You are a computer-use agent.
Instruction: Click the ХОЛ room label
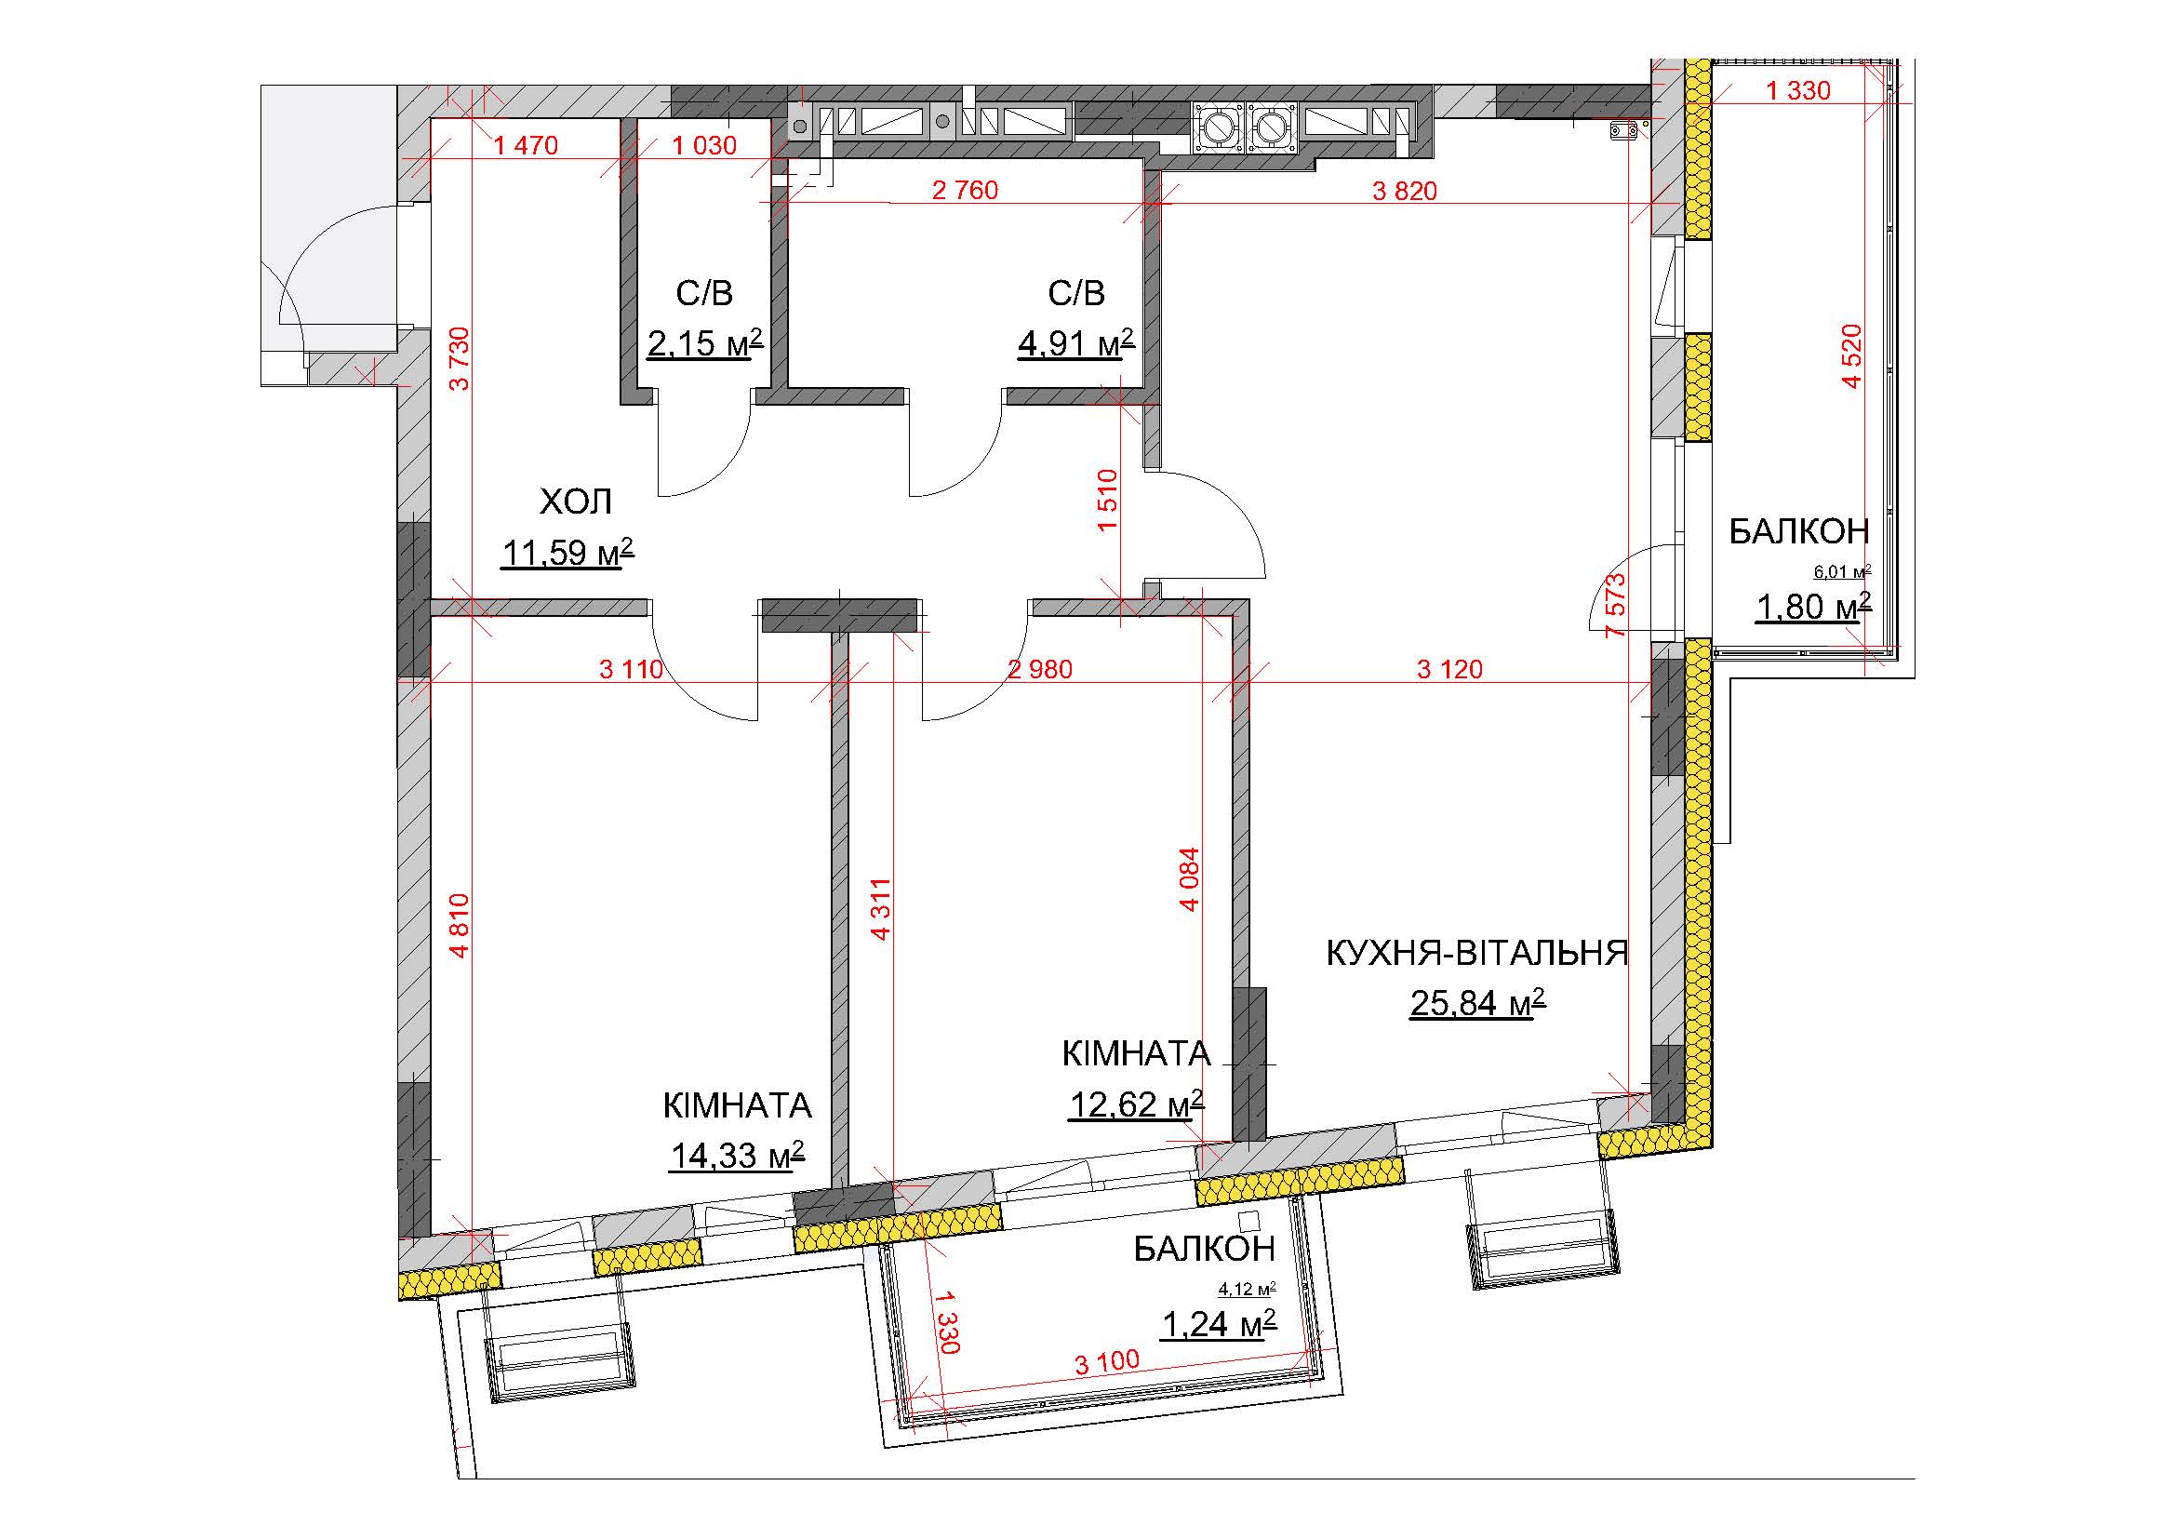575,502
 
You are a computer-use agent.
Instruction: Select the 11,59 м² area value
567,552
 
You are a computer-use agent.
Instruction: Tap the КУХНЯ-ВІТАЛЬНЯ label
1476,953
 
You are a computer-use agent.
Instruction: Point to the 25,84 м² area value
1477,1002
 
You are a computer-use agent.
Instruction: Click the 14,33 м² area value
738,1156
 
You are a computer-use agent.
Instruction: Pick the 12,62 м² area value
1136,1104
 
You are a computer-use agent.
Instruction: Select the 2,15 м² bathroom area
705,343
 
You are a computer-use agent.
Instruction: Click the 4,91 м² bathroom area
1075,343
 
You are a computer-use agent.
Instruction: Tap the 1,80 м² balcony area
1814,607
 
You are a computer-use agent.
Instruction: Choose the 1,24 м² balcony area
1219,1324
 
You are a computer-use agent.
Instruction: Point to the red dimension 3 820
1405,191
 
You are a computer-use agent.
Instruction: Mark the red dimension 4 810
460,925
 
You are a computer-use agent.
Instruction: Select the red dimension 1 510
1108,501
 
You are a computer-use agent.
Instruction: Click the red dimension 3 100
1107,1362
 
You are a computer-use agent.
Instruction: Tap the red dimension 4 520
1852,356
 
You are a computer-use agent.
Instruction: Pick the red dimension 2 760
965,191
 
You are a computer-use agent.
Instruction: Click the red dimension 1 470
526,146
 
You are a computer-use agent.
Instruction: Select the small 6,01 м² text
1842,571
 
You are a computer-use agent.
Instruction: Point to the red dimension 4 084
1191,878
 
